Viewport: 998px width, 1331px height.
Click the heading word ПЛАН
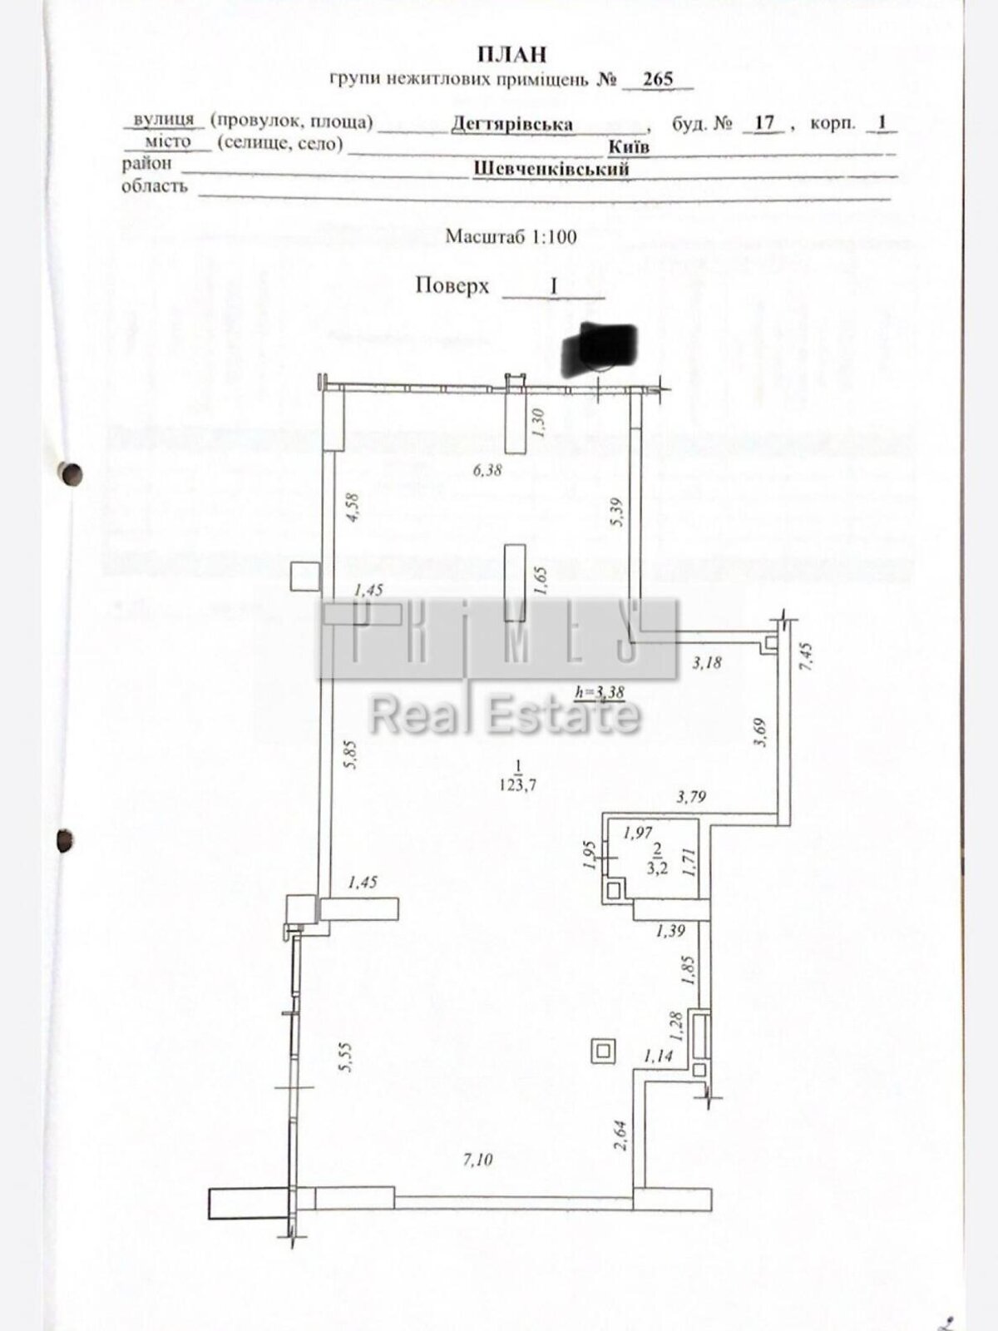coord(512,55)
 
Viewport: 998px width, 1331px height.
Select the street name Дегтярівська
coord(512,125)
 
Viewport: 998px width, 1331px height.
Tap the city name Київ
coord(629,147)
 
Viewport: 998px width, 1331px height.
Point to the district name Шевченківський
coord(551,169)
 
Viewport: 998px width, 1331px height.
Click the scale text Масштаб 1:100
coord(511,236)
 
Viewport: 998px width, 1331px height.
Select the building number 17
coord(763,123)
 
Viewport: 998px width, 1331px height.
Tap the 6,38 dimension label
coord(487,470)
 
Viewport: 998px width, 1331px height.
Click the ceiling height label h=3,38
coord(600,690)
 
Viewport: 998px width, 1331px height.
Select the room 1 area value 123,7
coord(518,784)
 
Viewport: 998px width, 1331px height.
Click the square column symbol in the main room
coord(603,1052)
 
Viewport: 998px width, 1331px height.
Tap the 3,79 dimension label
coord(691,797)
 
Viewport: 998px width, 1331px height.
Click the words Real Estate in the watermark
coord(505,716)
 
